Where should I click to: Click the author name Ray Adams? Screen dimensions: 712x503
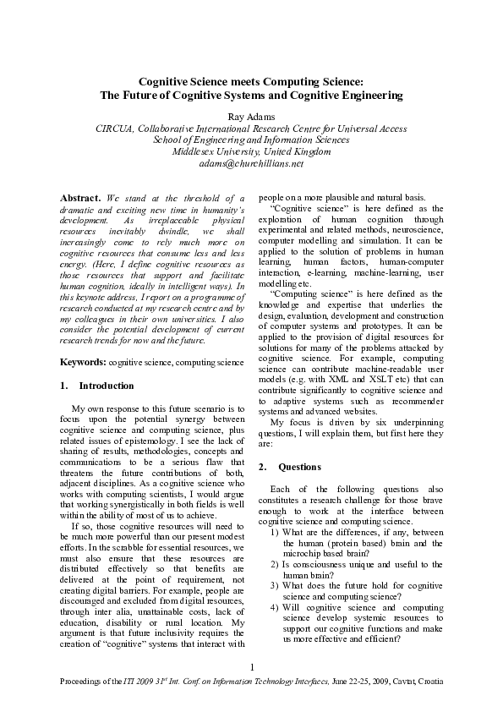251,116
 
